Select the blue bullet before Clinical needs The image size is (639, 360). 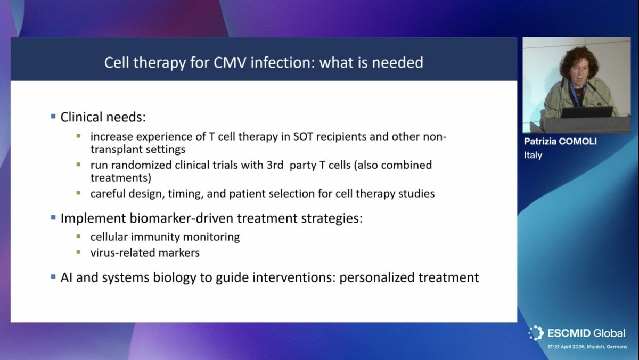53,116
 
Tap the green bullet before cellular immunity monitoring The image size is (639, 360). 78,236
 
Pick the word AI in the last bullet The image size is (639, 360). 68,277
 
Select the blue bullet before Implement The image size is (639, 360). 53,218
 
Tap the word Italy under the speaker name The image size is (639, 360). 533,156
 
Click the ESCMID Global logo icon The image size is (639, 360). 536,333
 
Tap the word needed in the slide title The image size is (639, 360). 398,63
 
